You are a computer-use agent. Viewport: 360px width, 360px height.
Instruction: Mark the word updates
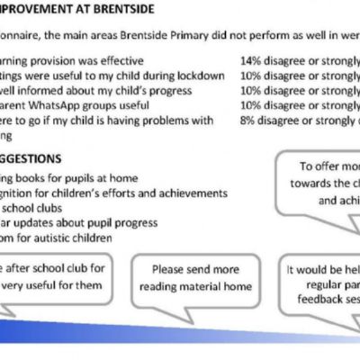[x=52, y=222]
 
